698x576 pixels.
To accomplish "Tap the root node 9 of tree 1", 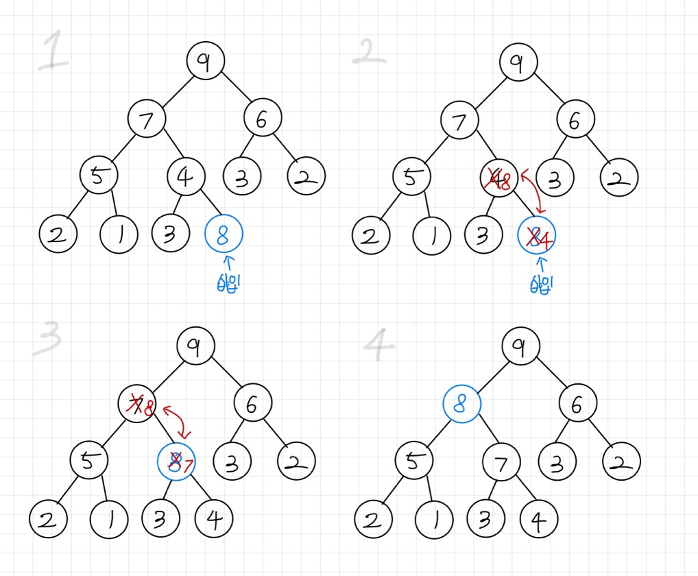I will [204, 60].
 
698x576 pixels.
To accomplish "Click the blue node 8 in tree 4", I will [461, 404].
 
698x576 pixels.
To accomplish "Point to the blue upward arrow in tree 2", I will [542, 263].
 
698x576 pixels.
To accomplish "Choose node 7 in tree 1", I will [146, 119].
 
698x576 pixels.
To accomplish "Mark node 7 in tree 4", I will [501, 464].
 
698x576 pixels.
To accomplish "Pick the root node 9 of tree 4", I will [521, 348].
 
